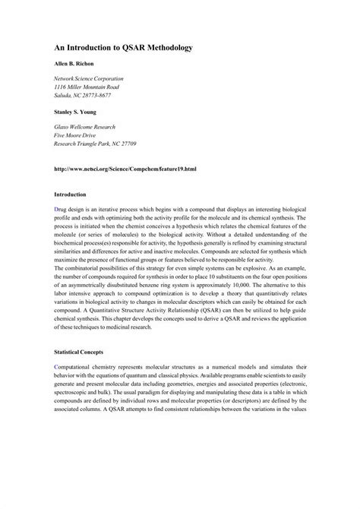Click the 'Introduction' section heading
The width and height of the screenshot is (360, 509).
(x=71, y=194)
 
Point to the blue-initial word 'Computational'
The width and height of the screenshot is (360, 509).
(x=75, y=367)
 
